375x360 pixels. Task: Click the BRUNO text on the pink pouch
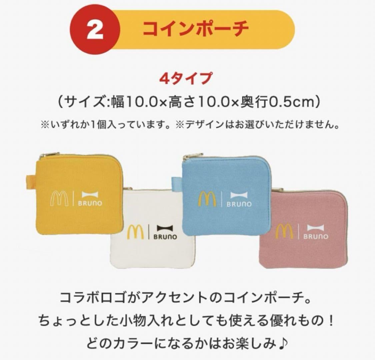[x=315, y=237]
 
